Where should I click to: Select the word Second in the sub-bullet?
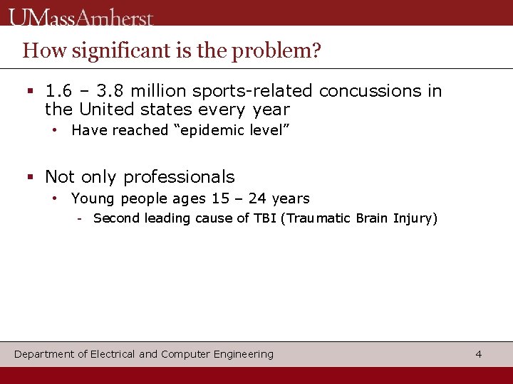point(117,218)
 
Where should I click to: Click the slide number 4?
point(479,354)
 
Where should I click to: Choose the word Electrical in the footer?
point(113,354)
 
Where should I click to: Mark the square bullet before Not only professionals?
point(30,177)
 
